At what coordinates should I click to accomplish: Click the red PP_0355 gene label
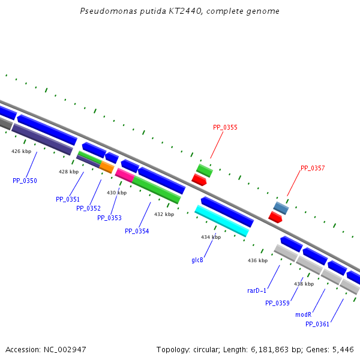click(225, 127)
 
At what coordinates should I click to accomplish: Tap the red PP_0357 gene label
click(313, 168)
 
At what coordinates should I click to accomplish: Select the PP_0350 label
click(25, 181)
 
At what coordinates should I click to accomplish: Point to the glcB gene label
click(197, 260)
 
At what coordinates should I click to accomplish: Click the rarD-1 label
click(257, 290)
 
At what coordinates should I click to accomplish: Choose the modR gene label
click(303, 314)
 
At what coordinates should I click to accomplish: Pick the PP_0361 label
click(317, 324)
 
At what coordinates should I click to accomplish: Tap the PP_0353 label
click(109, 218)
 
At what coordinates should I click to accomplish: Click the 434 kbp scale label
click(211, 237)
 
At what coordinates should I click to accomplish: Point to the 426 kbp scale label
click(20, 151)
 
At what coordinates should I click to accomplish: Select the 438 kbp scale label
click(304, 284)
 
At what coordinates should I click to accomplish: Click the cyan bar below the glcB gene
click(221, 221)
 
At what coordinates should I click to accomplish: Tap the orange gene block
click(107, 167)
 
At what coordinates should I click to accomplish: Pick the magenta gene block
click(124, 175)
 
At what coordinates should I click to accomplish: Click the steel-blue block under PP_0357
click(281, 208)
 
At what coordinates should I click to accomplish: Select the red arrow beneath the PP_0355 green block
click(199, 179)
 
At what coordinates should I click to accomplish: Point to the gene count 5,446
click(343, 349)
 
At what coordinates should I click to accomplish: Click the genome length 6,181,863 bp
click(278, 349)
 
